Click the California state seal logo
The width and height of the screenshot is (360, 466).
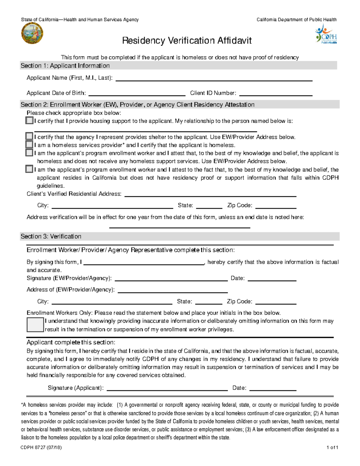point(32,34)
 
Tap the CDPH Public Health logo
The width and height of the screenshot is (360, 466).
point(326,35)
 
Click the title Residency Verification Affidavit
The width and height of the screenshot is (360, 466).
point(187,41)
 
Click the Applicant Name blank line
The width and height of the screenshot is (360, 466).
point(214,79)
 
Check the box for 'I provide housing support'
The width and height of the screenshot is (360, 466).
point(29,121)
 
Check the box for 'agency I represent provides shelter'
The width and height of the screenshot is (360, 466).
point(29,137)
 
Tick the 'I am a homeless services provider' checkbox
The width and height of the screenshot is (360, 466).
point(29,145)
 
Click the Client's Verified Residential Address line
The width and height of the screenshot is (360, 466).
point(210,194)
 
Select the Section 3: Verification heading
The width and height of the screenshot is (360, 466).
point(51,236)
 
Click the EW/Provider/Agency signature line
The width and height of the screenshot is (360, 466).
point(171,279)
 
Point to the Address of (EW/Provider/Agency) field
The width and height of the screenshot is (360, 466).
point(173,290)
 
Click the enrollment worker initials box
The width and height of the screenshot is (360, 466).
point(35,325)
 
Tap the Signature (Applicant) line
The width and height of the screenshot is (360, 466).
point(167,389)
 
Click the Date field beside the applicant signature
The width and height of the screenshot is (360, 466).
point(273,389)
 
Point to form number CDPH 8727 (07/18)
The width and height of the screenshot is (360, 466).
point(41,447)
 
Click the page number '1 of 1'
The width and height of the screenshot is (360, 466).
point(332,447)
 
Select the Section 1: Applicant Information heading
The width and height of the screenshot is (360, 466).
point(65,66)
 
